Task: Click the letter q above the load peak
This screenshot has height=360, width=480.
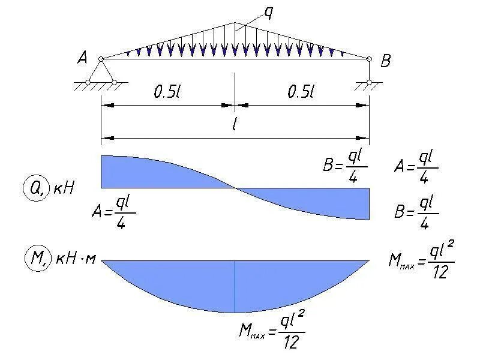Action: click(269, 13)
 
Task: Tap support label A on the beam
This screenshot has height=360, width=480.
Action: click(83, 58)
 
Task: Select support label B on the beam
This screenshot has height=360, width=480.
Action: click(386, 60)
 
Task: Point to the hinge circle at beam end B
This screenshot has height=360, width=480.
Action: click(369, 58)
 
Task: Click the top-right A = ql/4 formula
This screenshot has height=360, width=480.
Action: click(416, 164)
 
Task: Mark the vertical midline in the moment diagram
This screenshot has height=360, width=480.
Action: click(235, 287)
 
